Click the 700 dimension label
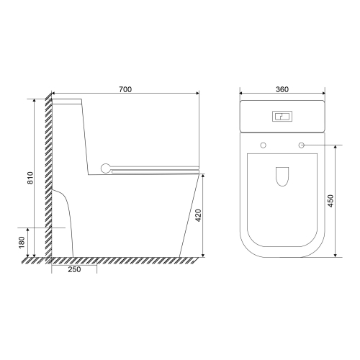click(125, 89)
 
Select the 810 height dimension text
click(30, 178)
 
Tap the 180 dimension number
click(22, 243)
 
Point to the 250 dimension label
click(74, 269)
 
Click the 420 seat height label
click(198, 215)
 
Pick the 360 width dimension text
click(282, 89)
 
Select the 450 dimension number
click(330, 201)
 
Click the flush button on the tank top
click(282, 117)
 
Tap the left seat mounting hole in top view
click(264, 145)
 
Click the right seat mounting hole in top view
click(301, 145)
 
